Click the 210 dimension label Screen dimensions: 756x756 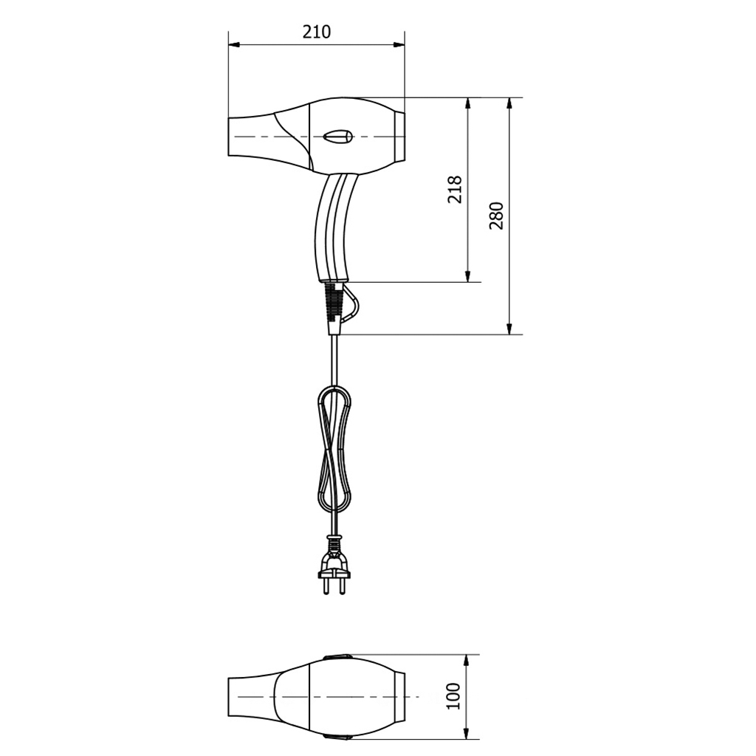317,32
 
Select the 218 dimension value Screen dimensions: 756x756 455,189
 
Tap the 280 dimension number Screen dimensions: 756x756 496,216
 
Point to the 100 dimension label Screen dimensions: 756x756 454,695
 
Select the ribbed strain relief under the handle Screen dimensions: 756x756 332,301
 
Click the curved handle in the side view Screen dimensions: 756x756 333,227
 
